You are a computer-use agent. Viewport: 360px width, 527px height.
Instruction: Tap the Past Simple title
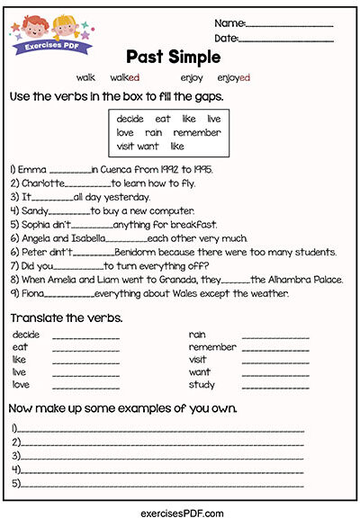click(173, 57)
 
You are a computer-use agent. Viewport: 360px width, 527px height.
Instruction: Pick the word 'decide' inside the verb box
click(130, 119)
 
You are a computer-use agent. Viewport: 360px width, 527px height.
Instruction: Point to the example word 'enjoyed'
click(234, 78)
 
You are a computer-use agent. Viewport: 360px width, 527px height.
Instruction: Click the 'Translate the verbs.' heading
click(66, 319)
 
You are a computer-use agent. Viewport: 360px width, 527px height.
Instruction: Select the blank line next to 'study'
click(275, 385)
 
